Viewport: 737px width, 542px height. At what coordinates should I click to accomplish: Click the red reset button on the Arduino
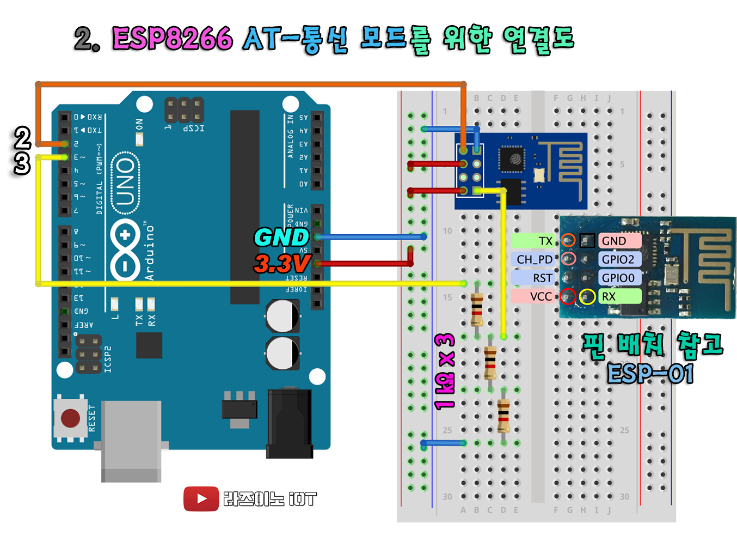coord(71,418)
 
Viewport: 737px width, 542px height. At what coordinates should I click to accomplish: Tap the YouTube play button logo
coord(201,499)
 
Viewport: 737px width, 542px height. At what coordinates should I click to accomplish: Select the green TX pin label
coord(533,241)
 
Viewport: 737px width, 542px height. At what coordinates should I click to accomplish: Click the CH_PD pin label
coord(533,259)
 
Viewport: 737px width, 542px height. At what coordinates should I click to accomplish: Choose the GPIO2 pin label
coord(619,259)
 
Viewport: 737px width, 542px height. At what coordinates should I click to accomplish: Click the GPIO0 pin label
coord(619,278)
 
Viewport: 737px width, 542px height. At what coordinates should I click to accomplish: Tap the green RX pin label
coord(619,296)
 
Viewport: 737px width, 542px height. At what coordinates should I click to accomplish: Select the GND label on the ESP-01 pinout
coord(619,241)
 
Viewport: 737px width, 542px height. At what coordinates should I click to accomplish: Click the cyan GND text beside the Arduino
coord(281,237)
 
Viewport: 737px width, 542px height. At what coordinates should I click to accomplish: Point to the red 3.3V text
coord(282,264)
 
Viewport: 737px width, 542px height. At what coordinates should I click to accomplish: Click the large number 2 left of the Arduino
coord(22,138)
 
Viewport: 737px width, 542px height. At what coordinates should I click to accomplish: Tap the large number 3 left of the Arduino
coord(22,163)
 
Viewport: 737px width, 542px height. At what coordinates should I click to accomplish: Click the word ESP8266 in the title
coord(173,39)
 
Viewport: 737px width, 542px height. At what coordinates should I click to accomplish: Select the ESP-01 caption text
coord(650,374)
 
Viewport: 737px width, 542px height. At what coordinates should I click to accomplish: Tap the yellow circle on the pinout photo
coord(587,296)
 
